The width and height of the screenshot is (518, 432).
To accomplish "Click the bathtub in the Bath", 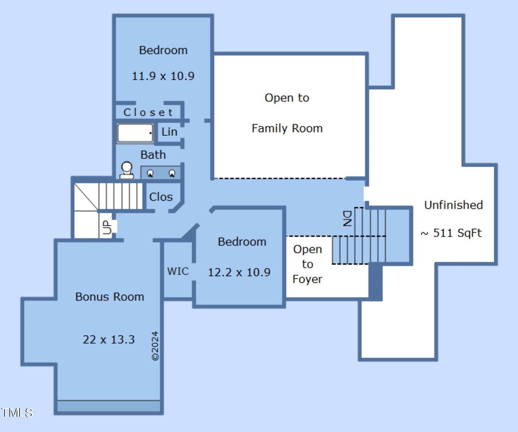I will tap(135, 133).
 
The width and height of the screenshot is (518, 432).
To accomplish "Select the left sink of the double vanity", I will tap(150, 173).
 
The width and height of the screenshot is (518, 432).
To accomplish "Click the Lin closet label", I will tap(169, 132).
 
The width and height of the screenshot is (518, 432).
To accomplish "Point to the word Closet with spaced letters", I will tap(148, 112).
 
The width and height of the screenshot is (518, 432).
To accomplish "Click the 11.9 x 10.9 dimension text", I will tap(163, 76).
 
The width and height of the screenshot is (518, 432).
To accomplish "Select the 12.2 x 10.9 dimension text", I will tap(239, 272).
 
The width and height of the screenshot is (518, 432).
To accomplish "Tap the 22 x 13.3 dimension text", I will tap(109, 340).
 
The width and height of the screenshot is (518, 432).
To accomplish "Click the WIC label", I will tap(178, 271).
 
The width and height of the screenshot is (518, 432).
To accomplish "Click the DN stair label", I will tap(347, 218).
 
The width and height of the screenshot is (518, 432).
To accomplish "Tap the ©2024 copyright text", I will tap(155, 346).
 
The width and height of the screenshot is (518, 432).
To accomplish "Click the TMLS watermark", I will tap(17, 413).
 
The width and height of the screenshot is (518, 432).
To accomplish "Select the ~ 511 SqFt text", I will tap(451, 233).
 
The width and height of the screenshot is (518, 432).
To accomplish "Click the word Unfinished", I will tap(453, 205).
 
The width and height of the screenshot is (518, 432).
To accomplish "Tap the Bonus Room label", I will tap(110, 297).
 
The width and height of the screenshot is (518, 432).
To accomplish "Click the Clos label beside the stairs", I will tap(161, 197).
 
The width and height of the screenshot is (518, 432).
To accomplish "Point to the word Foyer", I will tap(307, 279).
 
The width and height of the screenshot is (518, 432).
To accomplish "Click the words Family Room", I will tap(287, 128).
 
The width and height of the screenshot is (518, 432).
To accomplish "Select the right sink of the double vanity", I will tap(172, 173).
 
